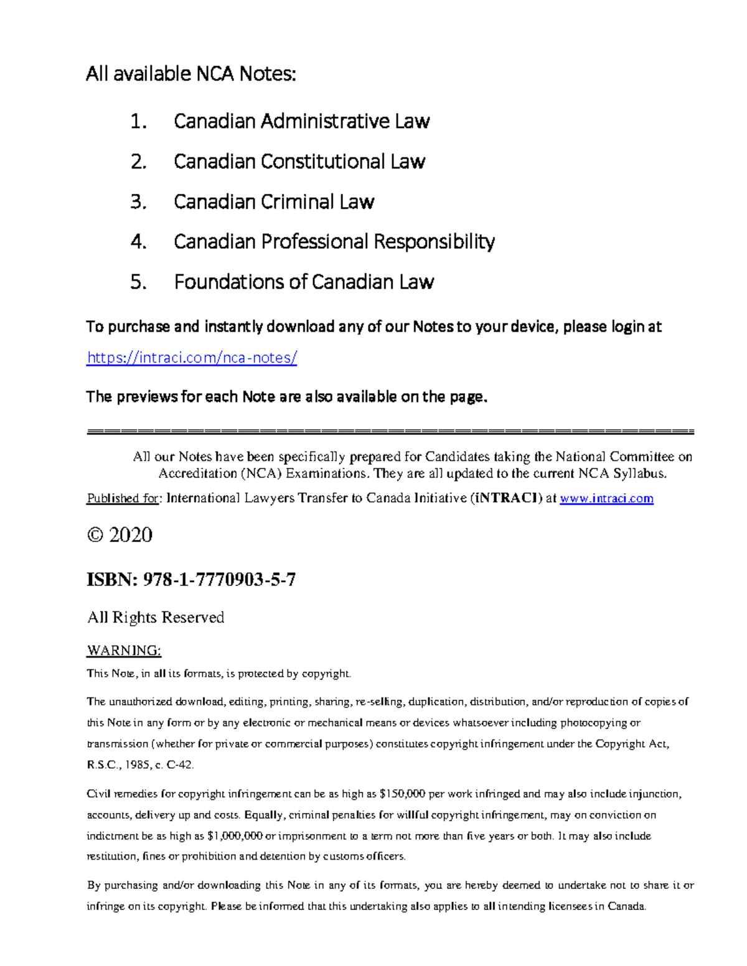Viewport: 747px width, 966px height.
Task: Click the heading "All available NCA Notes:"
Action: (191, 74)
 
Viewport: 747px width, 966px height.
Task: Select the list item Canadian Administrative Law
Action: (301, 121)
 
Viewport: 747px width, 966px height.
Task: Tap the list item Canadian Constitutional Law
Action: (299, 161)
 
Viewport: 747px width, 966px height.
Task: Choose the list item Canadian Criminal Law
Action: (273, 202)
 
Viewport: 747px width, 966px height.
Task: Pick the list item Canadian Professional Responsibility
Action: (334, 241)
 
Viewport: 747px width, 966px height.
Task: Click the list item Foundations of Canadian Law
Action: (304, 282)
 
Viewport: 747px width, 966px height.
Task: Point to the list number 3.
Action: (138, 202)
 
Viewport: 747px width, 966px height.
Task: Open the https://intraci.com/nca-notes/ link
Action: (192, 358)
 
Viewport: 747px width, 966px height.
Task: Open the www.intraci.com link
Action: (606, 498)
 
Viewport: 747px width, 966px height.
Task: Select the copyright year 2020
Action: (131, 535)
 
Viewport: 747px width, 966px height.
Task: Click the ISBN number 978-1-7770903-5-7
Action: (219, 580)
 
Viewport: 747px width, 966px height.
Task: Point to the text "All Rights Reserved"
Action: (156, 617)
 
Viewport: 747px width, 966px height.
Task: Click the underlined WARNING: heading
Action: (124, 651)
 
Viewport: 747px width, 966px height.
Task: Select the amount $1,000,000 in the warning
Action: (235, 835)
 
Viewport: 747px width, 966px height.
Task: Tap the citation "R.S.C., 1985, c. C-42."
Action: (141, 764)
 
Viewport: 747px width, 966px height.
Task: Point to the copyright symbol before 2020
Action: (95, 535)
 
